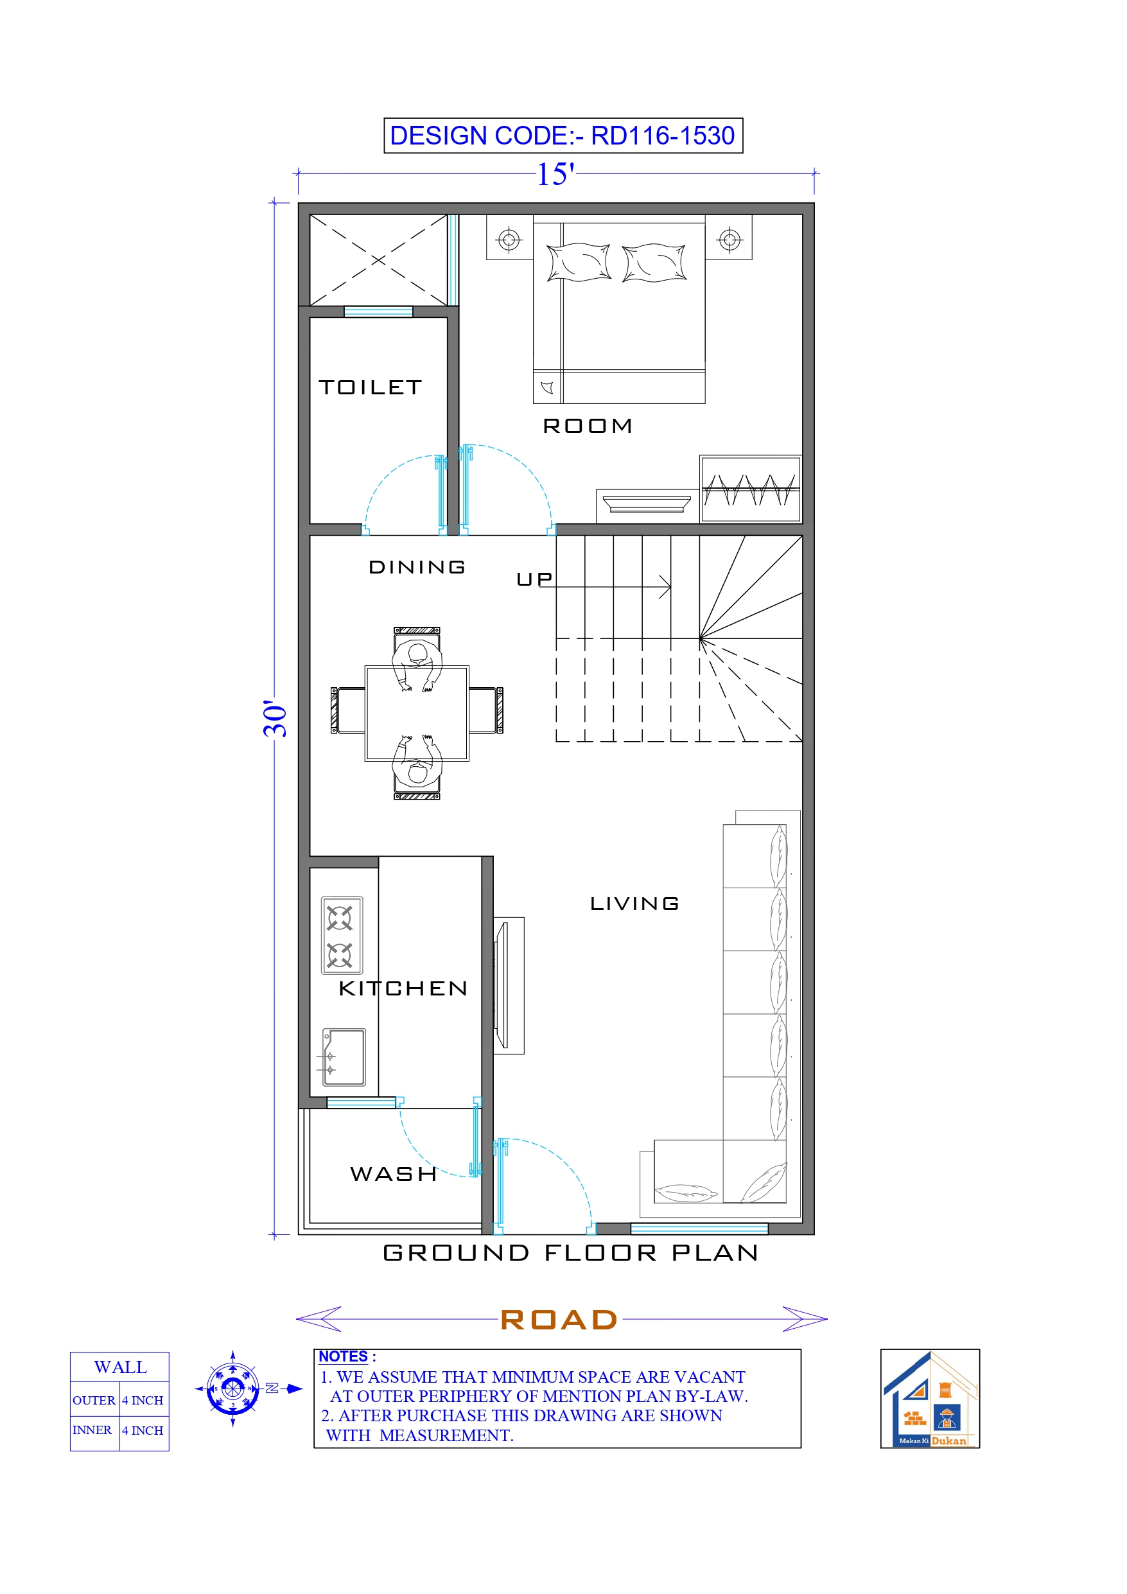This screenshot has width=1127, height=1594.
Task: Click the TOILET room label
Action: (370, 387)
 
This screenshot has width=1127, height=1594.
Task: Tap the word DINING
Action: (417, 567)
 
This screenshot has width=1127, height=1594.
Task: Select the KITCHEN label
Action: (403, 988)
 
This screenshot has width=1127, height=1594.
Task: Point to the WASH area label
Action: (394, 1174)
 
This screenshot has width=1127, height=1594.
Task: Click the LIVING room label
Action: (634, 904)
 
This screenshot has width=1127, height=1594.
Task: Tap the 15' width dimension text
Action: (555, 174)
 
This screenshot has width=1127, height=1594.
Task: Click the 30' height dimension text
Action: (275, 719)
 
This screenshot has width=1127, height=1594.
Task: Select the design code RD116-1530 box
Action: (563, 136)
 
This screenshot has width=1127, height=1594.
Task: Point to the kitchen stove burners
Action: (340, 936)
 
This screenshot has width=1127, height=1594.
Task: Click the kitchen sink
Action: (344, 1056)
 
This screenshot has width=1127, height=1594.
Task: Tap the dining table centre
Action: (417, 713)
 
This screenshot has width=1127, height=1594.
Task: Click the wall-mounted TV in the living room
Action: (502, 985)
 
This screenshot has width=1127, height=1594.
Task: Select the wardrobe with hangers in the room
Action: (750, 489)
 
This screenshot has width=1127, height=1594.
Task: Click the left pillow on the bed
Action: (578, 263)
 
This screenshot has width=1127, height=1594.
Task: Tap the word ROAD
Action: (559, 1320)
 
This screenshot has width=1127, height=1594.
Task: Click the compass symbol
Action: (232, 1389)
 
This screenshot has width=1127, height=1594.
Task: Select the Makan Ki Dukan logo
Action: (929, 1399)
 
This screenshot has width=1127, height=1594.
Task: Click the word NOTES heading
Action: (343, 1356)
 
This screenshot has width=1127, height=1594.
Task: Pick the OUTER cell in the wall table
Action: (94, 1401)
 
